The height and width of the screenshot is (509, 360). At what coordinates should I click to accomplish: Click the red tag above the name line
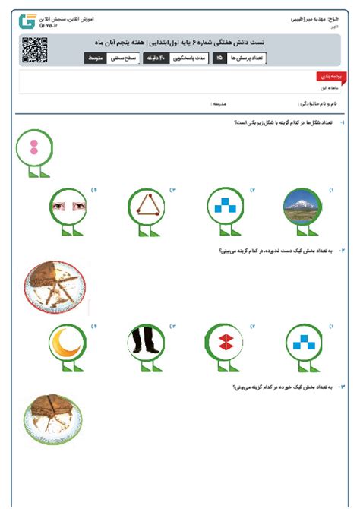click(328, 77)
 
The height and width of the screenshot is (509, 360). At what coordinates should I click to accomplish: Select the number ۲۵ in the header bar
click(219, 58)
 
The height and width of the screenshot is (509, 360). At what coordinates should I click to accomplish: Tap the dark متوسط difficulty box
click(95, 58)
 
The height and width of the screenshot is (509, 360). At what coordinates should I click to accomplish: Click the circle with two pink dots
click(33, 147)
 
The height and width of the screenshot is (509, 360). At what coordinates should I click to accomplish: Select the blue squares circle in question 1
click(225, 205)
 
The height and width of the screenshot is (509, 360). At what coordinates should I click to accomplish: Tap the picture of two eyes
click(69, 205)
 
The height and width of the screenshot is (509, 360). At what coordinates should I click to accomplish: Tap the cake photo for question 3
click(52, 419)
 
